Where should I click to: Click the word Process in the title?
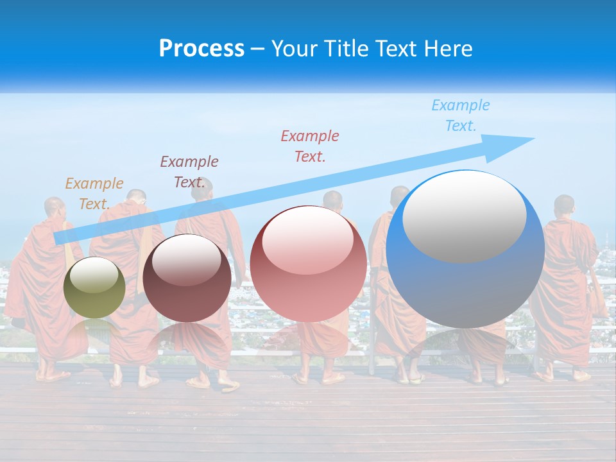201,49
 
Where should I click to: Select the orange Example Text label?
94,194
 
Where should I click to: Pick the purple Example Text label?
189,172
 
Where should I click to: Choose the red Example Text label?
310,146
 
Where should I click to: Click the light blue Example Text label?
461,116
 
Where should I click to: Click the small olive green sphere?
94,287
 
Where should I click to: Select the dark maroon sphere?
187,278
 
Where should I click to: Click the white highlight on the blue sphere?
464,216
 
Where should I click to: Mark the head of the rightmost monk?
564,206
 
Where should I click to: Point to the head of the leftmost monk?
54,208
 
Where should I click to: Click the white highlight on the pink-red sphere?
307,239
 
